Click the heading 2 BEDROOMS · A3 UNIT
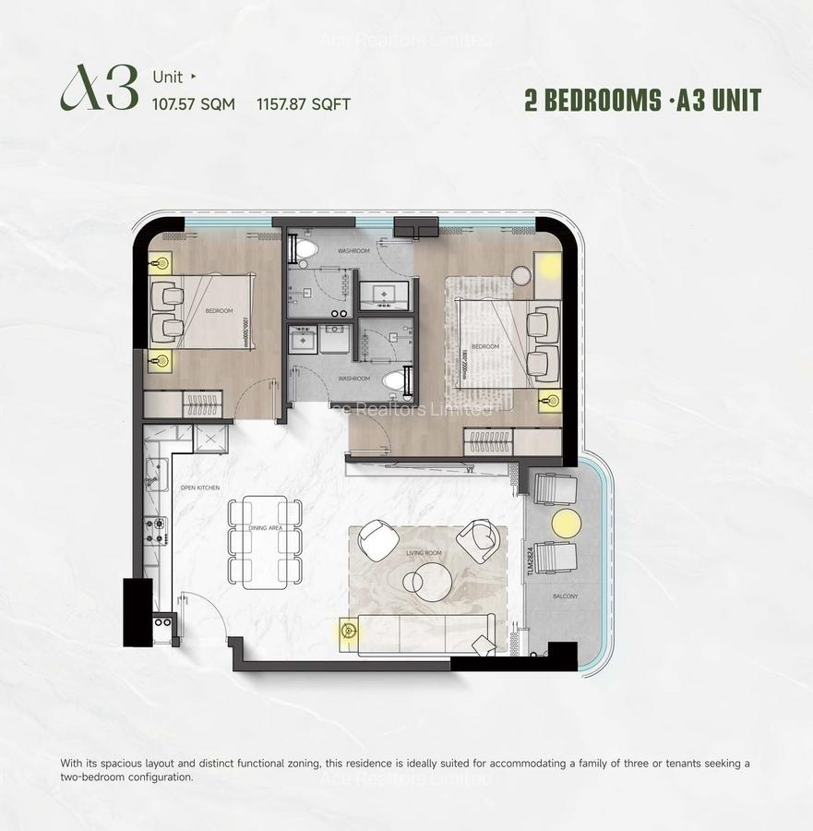tap(642, 101)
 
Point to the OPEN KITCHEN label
tap(198, 487)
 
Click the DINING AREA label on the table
tap(265, 528)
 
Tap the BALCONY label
tap(566, 596)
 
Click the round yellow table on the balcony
tap(567, 524)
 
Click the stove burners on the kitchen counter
tap(155, 530)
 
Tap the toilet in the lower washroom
tap(395, 379)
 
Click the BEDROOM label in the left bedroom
tap(220, 311)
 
